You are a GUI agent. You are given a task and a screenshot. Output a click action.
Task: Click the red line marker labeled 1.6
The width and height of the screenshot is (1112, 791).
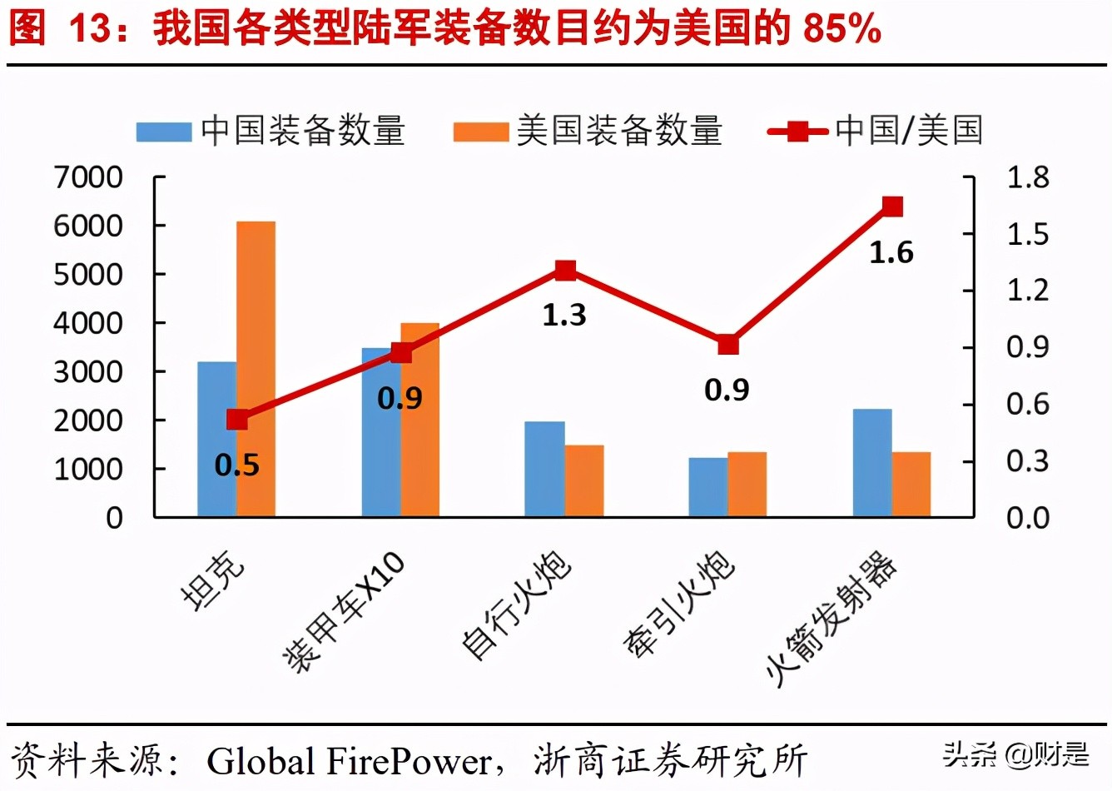point(892,206)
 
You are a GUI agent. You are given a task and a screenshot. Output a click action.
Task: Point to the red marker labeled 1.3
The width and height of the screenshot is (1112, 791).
point(565,270)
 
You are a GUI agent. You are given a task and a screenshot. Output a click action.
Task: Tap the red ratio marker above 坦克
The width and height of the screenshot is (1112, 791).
point(237,420)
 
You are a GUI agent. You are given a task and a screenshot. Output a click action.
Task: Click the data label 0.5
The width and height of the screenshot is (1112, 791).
point(237,465)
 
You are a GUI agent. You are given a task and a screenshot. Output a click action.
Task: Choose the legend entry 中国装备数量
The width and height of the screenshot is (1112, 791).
point(271,132)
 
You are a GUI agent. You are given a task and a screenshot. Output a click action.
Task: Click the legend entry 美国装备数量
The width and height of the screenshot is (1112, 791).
point(588,132)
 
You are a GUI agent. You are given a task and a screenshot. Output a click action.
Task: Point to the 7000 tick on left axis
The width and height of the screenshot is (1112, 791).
point(88,177)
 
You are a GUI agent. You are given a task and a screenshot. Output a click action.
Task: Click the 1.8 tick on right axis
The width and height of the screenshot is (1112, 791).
point(1028,177)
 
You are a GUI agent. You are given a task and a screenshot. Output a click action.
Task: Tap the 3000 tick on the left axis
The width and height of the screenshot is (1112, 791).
point(88,372)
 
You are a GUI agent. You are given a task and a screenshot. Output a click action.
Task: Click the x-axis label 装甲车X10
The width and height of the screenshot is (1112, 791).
point(345,612)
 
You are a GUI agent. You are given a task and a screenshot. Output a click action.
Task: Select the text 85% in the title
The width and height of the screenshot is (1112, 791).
point(841,29)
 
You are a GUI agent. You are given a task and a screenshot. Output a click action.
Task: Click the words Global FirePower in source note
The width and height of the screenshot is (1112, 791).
point(350,761)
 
